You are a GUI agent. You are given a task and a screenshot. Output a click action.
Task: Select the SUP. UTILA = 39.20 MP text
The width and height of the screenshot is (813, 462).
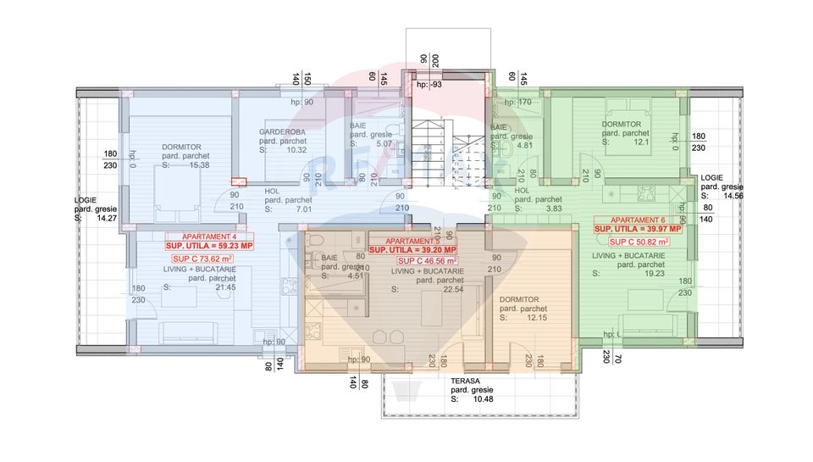[x=413, y=250]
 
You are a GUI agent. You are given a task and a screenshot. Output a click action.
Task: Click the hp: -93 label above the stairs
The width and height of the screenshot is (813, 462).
[x=429, y=85]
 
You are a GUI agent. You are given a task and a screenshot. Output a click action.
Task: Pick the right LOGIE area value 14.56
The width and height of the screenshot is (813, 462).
[x=733, y=196]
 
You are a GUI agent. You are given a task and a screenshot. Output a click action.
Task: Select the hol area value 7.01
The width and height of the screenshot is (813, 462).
[x=302, y=209]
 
